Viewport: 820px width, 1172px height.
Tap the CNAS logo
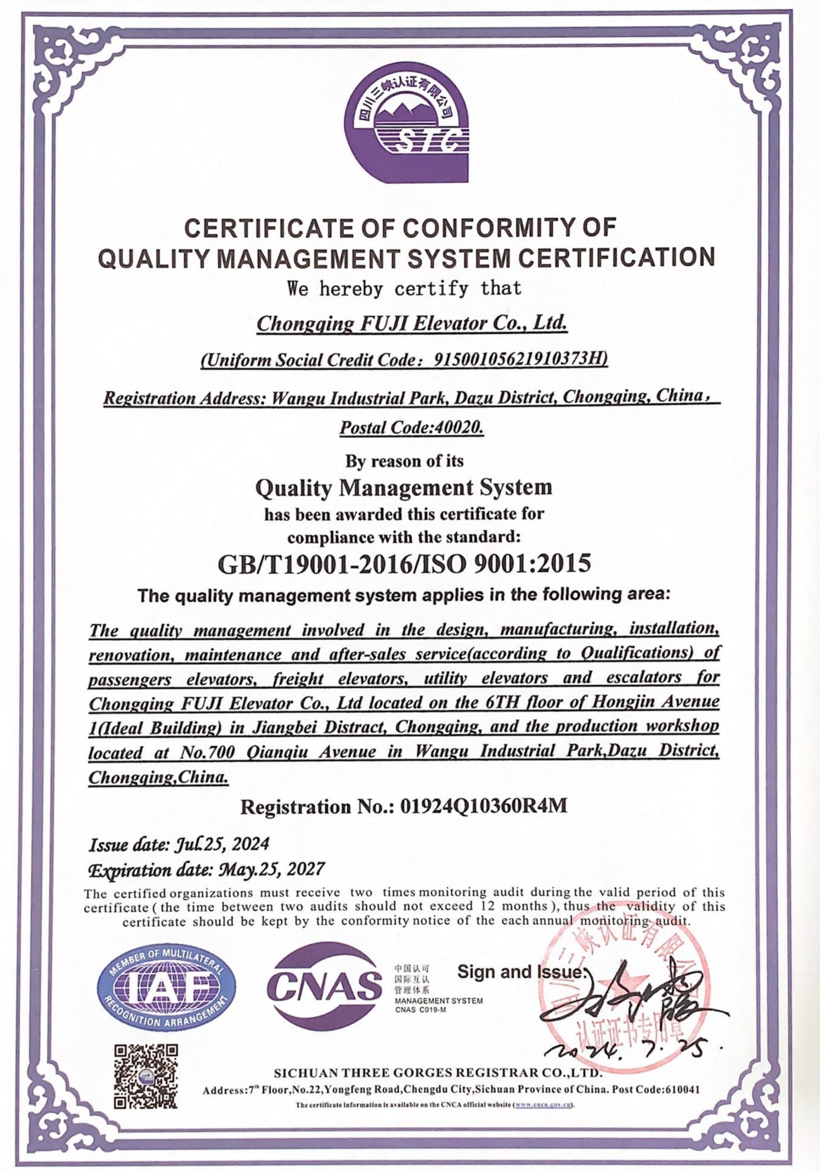coord(324,985)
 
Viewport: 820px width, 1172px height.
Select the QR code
coord(146,1076)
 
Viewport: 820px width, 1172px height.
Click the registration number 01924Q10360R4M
coord(483,806)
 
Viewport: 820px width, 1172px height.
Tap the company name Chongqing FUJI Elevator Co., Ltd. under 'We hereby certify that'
coord(411,324)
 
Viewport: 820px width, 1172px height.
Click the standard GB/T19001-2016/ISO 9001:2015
coord(404,563)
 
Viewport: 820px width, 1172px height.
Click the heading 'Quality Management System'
coord(404,487)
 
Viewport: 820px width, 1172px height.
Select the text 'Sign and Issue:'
coord(521,971)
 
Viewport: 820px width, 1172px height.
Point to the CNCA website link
coord(543,1105)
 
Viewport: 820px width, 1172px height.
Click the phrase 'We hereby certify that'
coord(404,288)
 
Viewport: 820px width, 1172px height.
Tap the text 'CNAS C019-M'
coord(421,1010)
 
